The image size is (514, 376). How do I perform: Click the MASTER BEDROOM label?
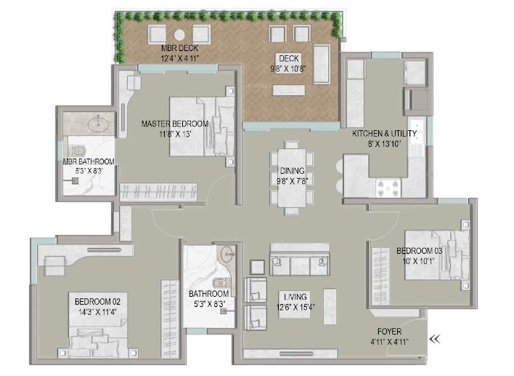(174, 124)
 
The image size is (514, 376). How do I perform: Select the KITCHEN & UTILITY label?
(384, 134)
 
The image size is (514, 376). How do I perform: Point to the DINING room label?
(290, 171)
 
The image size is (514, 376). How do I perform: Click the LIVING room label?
(295, 297)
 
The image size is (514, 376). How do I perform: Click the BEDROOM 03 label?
(419, 251)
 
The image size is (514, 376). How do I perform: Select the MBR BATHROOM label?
(89, 161)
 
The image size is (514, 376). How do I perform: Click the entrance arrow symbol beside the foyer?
(436, 338)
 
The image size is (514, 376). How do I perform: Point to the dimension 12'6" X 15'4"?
(295, 307)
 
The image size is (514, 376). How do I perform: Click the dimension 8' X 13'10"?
(384, 143)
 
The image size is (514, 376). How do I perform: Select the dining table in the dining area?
(291, 177)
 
